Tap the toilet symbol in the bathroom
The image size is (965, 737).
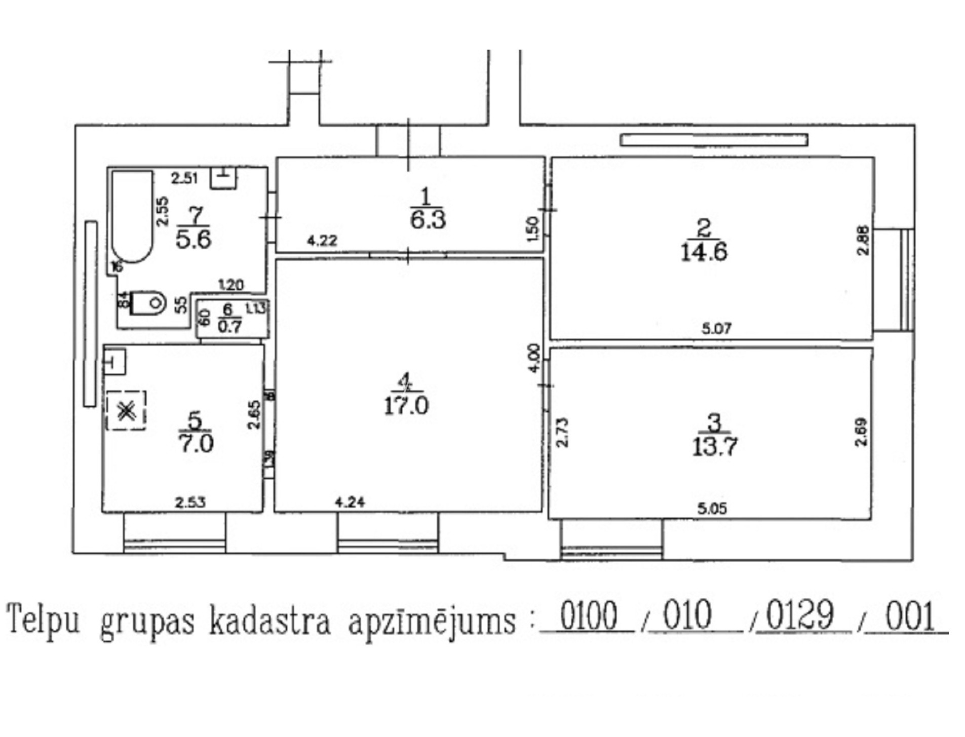pyautogui.click(x=149, y=302)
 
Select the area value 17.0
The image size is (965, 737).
pyautogui.click(x=406, y=406)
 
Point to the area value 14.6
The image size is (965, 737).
pyautogui.click(x=704, y=251)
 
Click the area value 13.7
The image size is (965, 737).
pyautogui.click(x=714, y=446)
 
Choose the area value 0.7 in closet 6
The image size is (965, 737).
pyautogui.click(x=229, y=326)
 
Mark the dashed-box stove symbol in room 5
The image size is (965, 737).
pyautogui.click(x=126, y=411)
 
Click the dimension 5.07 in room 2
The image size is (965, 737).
pyautogui.click(x=716, y=329)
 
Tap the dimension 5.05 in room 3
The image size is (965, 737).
pyautogui.click(x=712, y=508)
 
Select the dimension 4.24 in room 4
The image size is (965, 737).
pyautogui.click(x=350, y=502)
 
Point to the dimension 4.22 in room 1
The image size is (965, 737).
pyautogui.click(x=322, y=240)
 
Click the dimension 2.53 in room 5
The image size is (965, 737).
pyautogui.click(x=190, y=502)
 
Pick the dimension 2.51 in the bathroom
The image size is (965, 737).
pyautogui.click(x=184, y=178)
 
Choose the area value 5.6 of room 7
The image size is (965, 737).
pyautogui.click(x=193, y=239)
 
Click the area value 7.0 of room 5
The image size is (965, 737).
pyautogui.click(x=196, y=444)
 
